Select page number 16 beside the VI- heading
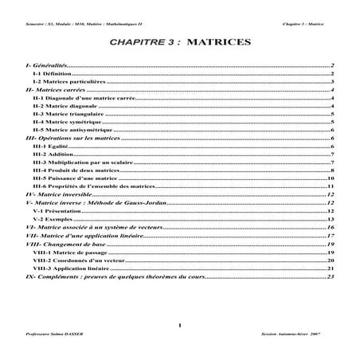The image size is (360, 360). pyautogui.click(x=329, y=228)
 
